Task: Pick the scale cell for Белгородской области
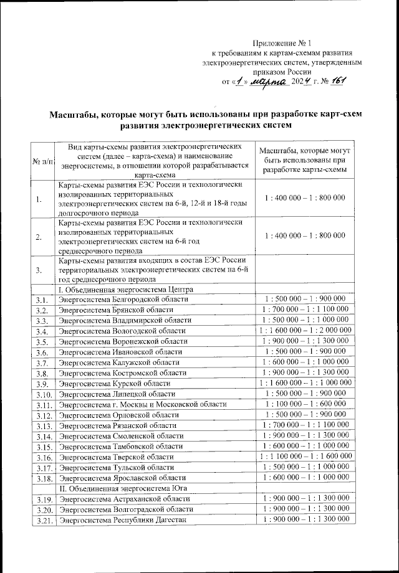304,299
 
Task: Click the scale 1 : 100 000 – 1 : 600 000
304,404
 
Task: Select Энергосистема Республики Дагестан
122,520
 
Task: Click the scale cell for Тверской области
304,457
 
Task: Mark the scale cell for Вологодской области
304,331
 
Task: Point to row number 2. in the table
39,237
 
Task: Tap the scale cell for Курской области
304,383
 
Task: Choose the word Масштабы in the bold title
77,115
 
